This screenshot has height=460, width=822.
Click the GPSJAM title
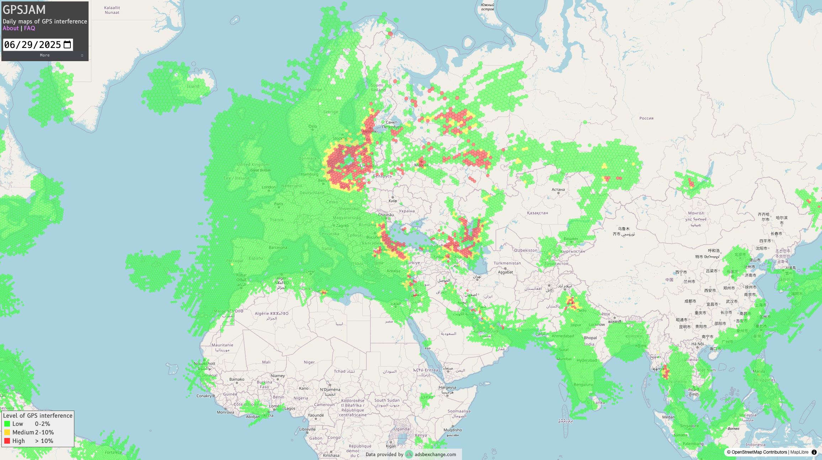[24, 10]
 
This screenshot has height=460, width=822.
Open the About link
[11, 28]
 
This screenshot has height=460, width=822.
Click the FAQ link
[30, 28]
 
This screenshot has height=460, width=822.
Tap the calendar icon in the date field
[67, 45]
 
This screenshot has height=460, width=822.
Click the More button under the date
[45, 55]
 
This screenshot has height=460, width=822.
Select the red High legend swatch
[7, 441]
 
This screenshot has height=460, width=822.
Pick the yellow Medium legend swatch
[7, 432]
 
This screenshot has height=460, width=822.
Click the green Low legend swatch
[7, 424]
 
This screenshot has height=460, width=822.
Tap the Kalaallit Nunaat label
[112, 10]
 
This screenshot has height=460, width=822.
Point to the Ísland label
[193, 86]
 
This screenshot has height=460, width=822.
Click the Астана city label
[558, 189]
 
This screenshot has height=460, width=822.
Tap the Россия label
[646, 118]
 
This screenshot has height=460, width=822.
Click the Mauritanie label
[222, 345]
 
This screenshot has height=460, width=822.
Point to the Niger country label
[309, 362]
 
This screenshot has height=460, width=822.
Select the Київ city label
[393, 201]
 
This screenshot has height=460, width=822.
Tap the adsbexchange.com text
[435, 454]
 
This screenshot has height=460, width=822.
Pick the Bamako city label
[237, 379]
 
